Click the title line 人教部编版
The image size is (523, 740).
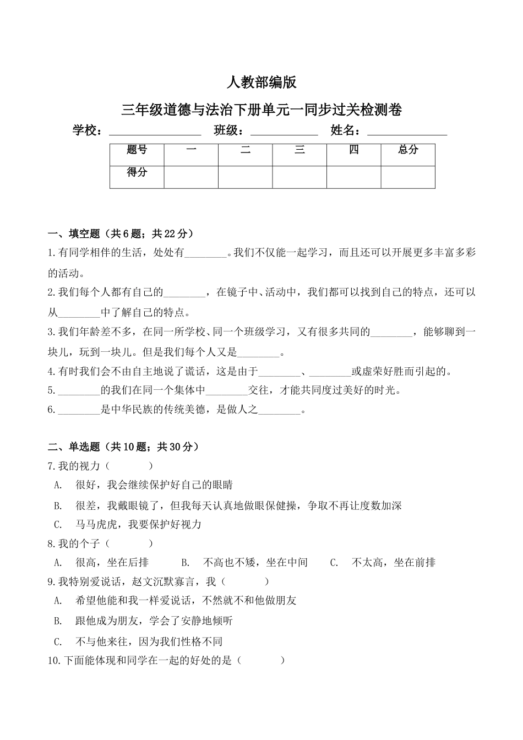(x=261, y=83)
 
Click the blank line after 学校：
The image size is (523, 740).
(x=155, y=132)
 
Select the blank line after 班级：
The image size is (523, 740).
(x=284, y=132)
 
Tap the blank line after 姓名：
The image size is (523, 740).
(x=407, y=132)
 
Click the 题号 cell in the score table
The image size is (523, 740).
(x=137, y=150)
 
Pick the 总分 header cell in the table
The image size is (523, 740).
(x=408, y=150)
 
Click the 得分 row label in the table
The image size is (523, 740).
(x=137, y=172)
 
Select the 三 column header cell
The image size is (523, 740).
(x=299, y=150)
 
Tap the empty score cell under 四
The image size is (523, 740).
(x=353, y=176)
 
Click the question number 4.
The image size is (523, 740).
(x=51, y=372)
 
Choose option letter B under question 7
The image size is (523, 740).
(x=57, y=505)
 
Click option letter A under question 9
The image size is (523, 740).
(x=57, y=601)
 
